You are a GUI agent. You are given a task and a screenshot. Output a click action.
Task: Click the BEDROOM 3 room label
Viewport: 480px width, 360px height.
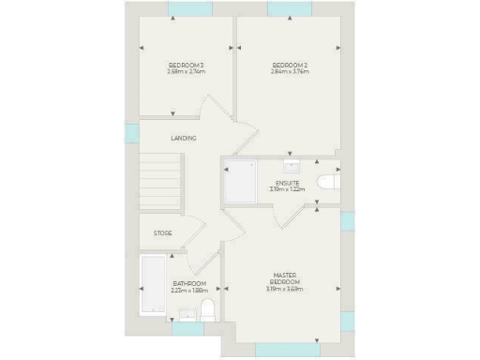(186, 64)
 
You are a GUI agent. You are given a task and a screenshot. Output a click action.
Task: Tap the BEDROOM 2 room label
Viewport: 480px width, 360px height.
(290, 64)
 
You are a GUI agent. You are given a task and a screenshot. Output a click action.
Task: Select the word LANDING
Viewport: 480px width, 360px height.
(184, 139)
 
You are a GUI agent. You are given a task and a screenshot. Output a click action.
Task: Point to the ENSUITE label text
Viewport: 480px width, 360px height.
(288, 183)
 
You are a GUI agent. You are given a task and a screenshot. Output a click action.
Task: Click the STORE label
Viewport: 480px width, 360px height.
(163, 233)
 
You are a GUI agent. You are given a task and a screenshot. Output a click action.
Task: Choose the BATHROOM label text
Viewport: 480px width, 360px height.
(189, 283)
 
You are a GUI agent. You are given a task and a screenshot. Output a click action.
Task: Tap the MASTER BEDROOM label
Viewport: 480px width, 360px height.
(286, 278)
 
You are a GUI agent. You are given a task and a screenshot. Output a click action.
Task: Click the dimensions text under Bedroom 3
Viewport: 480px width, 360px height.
(186, 71)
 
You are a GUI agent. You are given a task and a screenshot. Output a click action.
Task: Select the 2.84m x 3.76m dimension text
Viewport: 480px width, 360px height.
(290, 71)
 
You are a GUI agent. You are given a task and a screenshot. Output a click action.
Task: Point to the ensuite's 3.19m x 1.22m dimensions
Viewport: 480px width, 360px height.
(288, 189)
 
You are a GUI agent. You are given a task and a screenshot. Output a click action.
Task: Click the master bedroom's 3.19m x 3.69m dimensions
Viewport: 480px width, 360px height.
(286, 289)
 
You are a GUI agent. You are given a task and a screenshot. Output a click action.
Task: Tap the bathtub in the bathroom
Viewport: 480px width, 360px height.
(151, 285)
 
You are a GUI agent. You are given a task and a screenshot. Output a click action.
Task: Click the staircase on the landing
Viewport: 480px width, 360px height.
(159, 185)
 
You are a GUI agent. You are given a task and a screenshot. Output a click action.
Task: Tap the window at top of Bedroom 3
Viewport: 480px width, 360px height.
(189, 9)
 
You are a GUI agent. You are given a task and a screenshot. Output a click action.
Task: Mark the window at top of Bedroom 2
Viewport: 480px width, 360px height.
(290, 9)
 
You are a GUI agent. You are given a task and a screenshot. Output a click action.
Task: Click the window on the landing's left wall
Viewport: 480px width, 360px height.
(131, 133)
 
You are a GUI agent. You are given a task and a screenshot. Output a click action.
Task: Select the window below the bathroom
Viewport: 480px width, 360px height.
(187, 329)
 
